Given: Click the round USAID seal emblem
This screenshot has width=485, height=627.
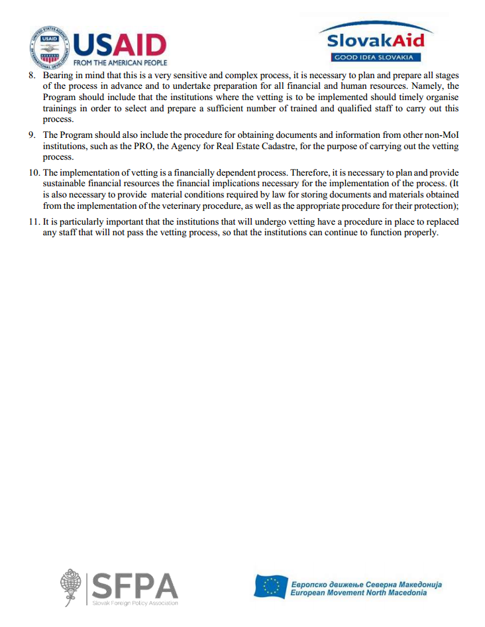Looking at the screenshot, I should point(50,47).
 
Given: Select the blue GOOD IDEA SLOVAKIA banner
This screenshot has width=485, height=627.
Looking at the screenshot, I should point(377,57).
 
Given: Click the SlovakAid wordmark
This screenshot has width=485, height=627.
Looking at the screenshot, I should point(376,40).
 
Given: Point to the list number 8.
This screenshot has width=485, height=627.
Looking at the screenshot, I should point(31,76).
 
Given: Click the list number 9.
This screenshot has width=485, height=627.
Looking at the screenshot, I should point(31,135).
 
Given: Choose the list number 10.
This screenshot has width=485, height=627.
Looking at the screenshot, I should point(33,174).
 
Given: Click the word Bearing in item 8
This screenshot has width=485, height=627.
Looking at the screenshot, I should point(58,76).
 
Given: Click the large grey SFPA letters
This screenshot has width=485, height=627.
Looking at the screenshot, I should point(135,584).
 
